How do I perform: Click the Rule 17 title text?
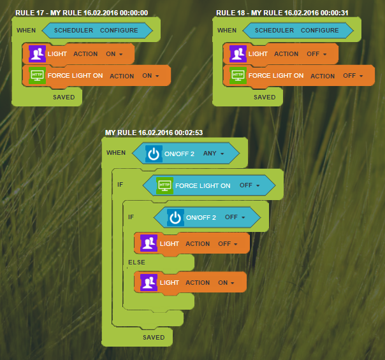(82, 13)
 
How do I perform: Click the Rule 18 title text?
(282, 13)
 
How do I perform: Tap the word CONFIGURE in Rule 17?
(119, 31)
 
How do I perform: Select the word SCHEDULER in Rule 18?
(274, 31)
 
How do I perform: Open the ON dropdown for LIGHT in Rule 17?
(114, 54)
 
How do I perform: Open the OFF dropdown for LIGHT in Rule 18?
(317, 54)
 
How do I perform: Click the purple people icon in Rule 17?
(37, 54)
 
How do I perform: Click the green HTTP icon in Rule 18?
(238, 76)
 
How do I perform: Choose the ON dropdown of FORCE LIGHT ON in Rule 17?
(150, 76)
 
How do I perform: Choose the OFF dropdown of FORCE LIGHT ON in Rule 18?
(353, 76)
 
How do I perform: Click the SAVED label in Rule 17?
(64, 97)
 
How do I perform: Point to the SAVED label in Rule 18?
(265, 97)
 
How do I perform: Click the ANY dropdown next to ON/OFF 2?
(214, 154)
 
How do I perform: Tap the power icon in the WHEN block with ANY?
(154, 154)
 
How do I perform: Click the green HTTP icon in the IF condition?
(164, 185)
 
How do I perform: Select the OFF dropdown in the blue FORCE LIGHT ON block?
(249, 185)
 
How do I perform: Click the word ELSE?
(136, 263)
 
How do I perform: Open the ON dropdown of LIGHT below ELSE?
(226, 283)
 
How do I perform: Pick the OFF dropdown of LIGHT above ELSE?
(228, 244)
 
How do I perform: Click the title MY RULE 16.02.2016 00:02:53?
(154, 133)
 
